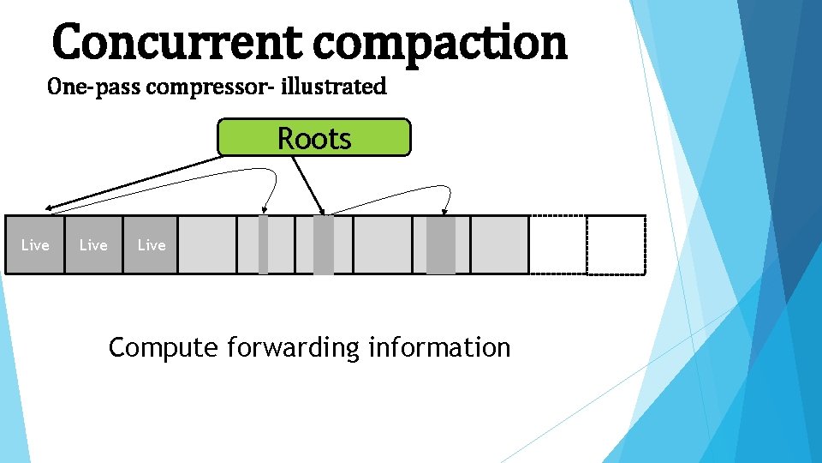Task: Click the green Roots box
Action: tap(314, 138)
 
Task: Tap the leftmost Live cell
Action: tap(35, 245)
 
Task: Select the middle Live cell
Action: tap(93, 245)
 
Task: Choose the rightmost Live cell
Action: tap(151, 245)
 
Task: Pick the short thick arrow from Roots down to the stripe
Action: tap(307, 184)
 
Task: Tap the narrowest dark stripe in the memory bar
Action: tap(263, 245)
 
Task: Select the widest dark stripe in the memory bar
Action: tap(441, 245)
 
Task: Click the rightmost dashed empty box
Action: tap(616, 245)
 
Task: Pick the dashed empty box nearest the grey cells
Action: tap(557, 245)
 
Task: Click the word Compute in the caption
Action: tap(164, 348)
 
